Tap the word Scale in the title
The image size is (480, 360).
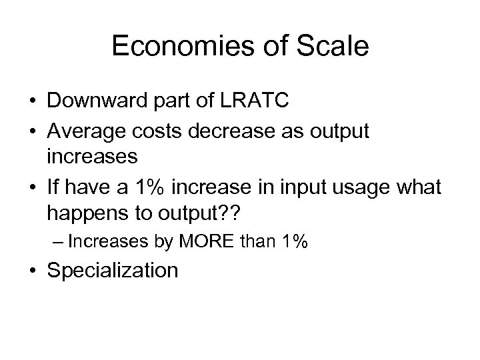[x=335, y=46]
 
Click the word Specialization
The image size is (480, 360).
[x=113, y=271]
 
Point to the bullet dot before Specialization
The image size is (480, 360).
[x=31, y=271]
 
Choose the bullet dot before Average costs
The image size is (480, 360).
[x=31, y=133]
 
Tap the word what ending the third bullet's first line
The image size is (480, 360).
[x=419, y=189]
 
